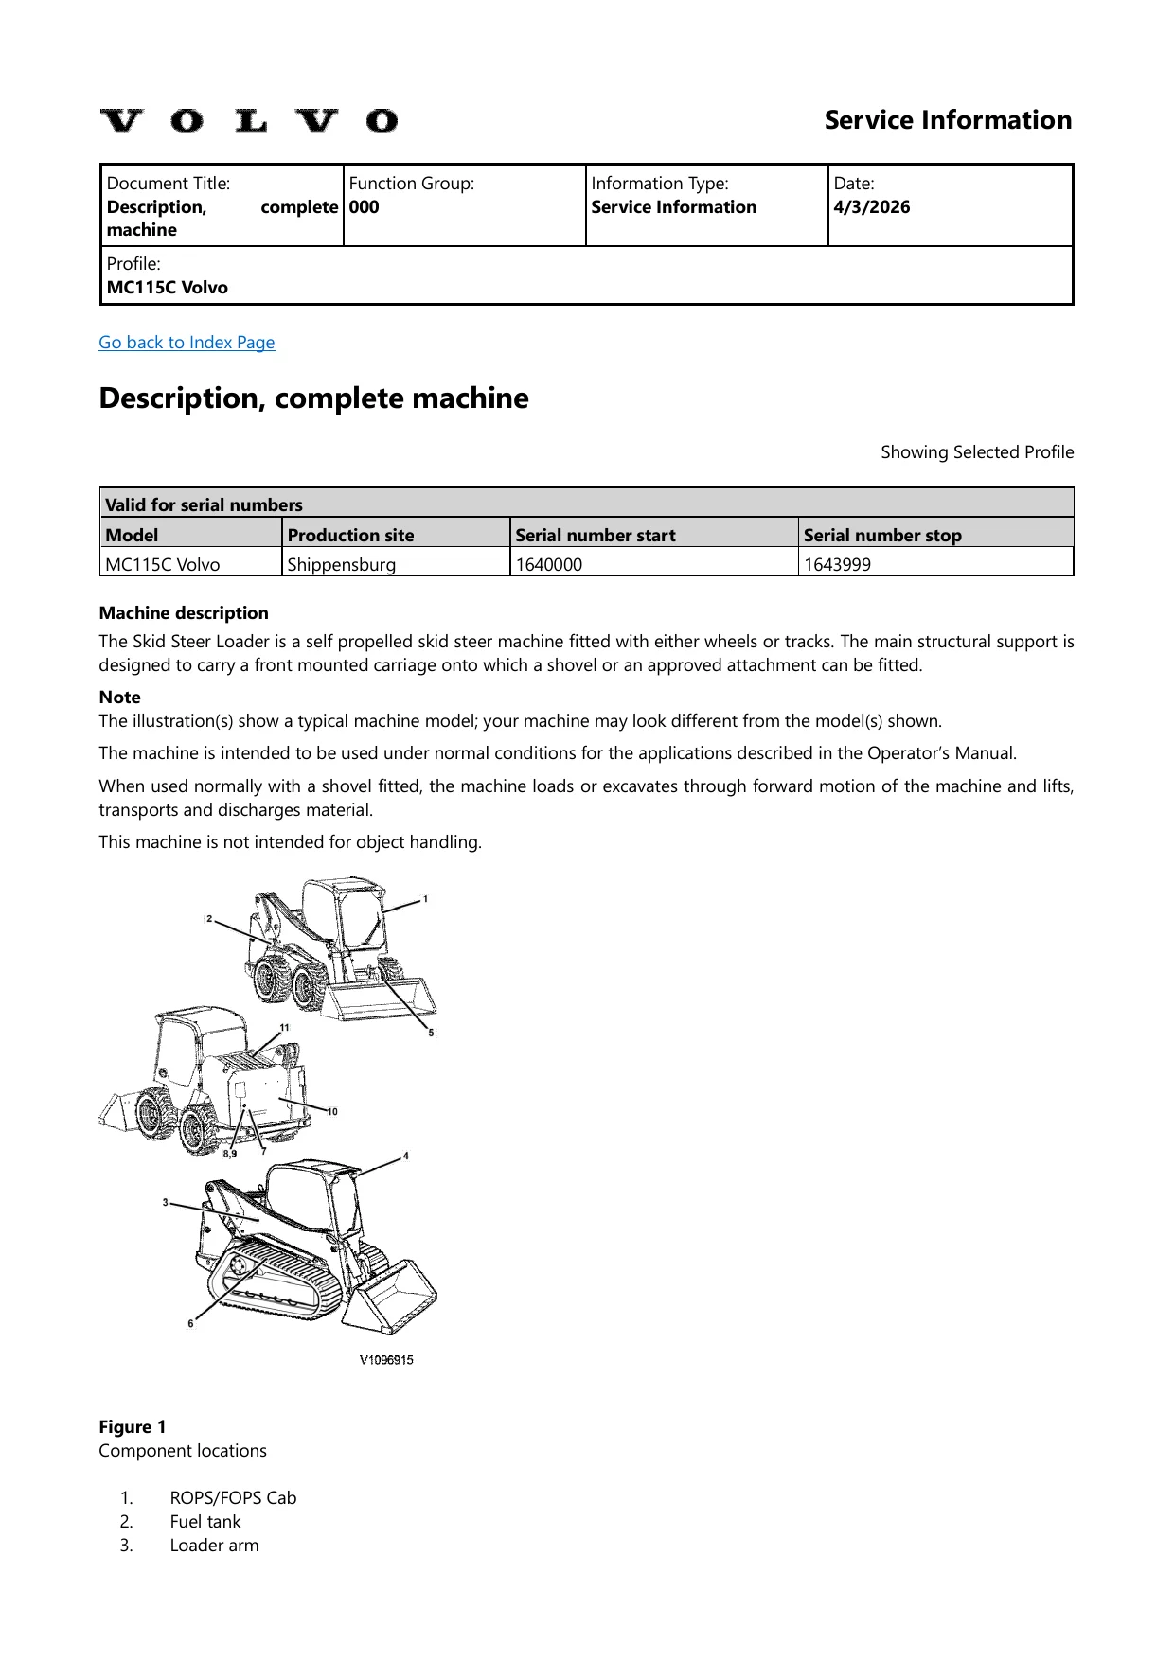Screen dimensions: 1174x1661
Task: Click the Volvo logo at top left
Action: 249,121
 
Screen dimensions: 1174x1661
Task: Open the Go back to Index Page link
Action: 187,343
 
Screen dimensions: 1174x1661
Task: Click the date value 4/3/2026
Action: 872,207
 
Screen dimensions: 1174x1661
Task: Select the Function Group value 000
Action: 364,207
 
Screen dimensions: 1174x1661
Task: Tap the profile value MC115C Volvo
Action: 168,288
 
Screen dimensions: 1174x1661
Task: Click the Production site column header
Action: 351,535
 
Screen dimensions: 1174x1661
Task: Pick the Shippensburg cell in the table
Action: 342,565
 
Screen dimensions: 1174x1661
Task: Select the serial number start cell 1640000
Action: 549,565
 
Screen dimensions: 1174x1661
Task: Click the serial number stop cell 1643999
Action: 837,565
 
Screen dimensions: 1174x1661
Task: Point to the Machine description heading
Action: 184,613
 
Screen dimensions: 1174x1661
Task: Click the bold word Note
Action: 120,698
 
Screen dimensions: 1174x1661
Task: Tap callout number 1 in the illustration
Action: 425,899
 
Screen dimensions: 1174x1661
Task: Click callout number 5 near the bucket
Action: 431,1033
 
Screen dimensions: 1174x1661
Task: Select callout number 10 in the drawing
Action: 332,1111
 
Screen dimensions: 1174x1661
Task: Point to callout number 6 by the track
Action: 190,1323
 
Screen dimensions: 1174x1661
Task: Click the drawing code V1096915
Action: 386,1360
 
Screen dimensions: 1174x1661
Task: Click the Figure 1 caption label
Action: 133,1427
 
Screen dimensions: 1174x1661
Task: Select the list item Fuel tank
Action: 205,1522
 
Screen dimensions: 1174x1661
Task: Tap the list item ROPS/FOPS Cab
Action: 233,1498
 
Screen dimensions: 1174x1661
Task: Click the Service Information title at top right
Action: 948,120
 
